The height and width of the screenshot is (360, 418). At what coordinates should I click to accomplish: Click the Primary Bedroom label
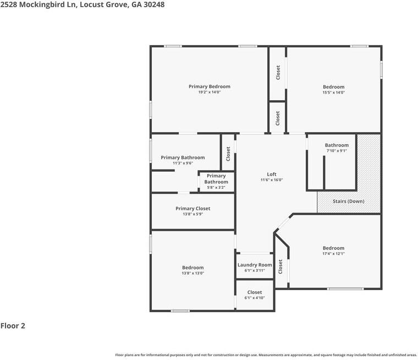209,86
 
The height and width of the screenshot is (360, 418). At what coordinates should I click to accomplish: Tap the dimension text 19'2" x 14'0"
209,92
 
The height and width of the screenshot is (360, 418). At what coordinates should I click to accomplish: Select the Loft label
272,174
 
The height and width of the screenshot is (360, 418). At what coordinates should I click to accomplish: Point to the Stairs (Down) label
348,201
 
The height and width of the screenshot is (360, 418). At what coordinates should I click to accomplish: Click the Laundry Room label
255,265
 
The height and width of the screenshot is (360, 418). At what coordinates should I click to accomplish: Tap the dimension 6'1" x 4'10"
255,298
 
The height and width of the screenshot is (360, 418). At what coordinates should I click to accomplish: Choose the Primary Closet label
193,209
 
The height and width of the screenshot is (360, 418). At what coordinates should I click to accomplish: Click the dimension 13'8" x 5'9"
193,214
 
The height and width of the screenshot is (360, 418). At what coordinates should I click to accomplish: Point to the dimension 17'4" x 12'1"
333,254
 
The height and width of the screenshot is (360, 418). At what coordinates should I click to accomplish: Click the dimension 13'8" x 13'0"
193,273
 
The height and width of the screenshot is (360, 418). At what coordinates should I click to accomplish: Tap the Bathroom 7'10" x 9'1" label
337,145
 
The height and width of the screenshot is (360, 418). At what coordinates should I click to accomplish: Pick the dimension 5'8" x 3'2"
216,188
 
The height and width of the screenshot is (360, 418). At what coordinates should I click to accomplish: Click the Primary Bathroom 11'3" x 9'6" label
183,157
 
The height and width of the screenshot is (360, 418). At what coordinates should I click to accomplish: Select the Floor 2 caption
13,326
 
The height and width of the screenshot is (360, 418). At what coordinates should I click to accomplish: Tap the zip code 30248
152,4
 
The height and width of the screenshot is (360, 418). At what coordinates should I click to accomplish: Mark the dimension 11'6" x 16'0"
272,180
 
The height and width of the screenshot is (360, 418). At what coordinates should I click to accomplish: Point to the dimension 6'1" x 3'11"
255,270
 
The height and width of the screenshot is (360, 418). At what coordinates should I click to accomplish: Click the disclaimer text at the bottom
266,355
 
